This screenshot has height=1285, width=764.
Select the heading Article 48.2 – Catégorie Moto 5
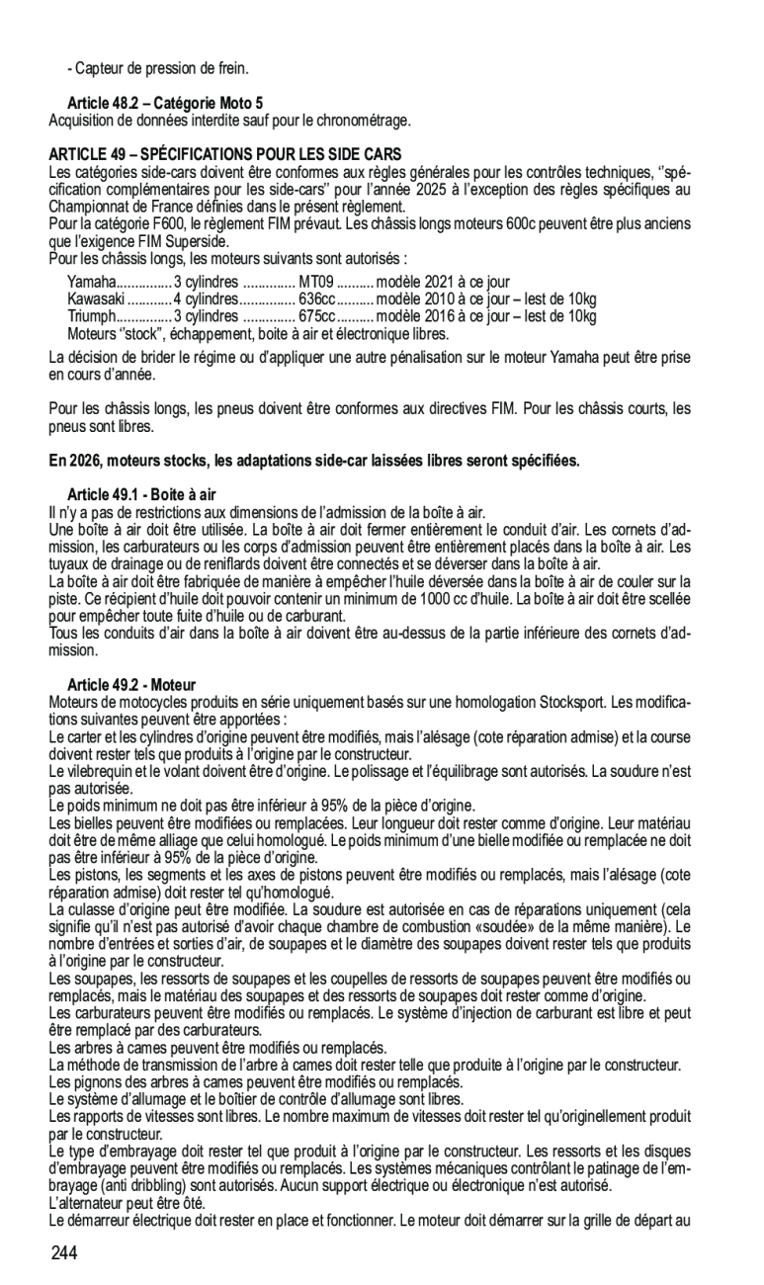165,103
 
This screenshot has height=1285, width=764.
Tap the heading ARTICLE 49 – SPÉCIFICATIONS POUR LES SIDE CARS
225,155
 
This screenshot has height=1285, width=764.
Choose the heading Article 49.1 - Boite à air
141,494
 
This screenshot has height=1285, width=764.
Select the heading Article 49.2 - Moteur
131,685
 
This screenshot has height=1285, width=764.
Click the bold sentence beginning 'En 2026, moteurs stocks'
314,461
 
